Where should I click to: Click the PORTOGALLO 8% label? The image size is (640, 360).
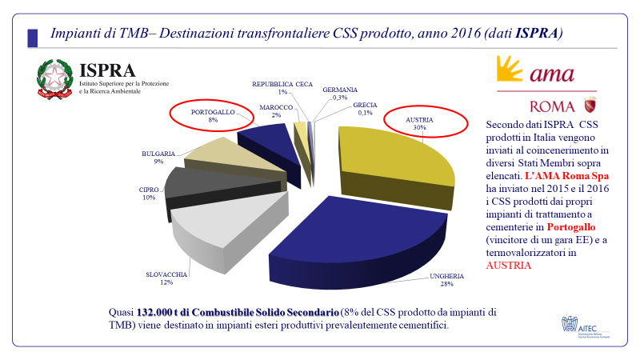coord(213,115)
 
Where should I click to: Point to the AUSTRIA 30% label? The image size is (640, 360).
coord(420,123)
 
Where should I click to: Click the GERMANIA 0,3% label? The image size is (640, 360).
coord(340,94)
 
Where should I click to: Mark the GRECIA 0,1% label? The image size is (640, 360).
coord(354,109)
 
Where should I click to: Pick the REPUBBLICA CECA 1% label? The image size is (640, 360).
coord(282,88)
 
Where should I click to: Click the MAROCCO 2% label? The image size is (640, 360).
coord(277,111)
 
